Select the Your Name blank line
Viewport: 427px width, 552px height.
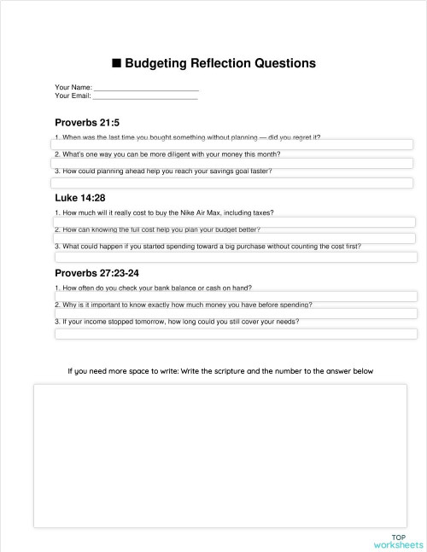coord(146,87)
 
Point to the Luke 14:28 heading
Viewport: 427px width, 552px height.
coord(80,198)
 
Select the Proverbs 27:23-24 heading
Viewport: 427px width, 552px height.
coord(97,273)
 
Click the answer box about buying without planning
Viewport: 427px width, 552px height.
coord(232,145)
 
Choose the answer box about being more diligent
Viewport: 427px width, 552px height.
coord(232,163)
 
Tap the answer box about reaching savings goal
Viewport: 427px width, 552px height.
coord(232,183)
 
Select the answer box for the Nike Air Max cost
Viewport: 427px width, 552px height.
coord(235,221)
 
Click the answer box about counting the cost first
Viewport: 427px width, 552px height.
coord(235,257)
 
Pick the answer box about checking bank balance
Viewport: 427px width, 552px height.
coord(235,296)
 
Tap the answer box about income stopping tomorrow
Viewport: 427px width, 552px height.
coord(235,334)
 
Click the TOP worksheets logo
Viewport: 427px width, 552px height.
coord(398,541)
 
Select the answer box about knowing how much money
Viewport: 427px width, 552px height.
coord(235,314)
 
